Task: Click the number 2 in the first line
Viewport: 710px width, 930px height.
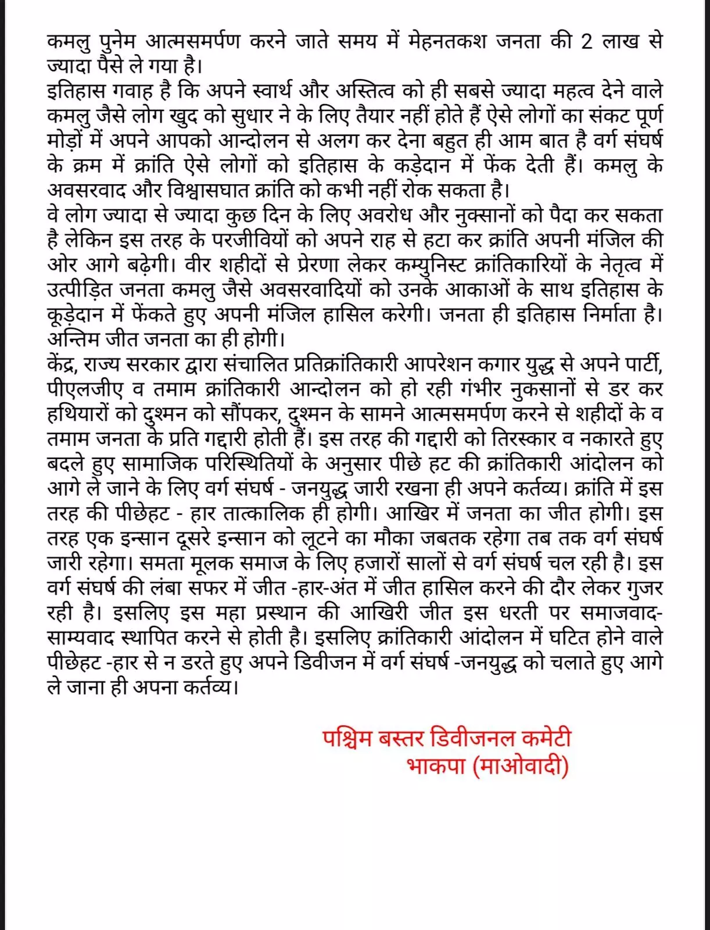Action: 587,42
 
